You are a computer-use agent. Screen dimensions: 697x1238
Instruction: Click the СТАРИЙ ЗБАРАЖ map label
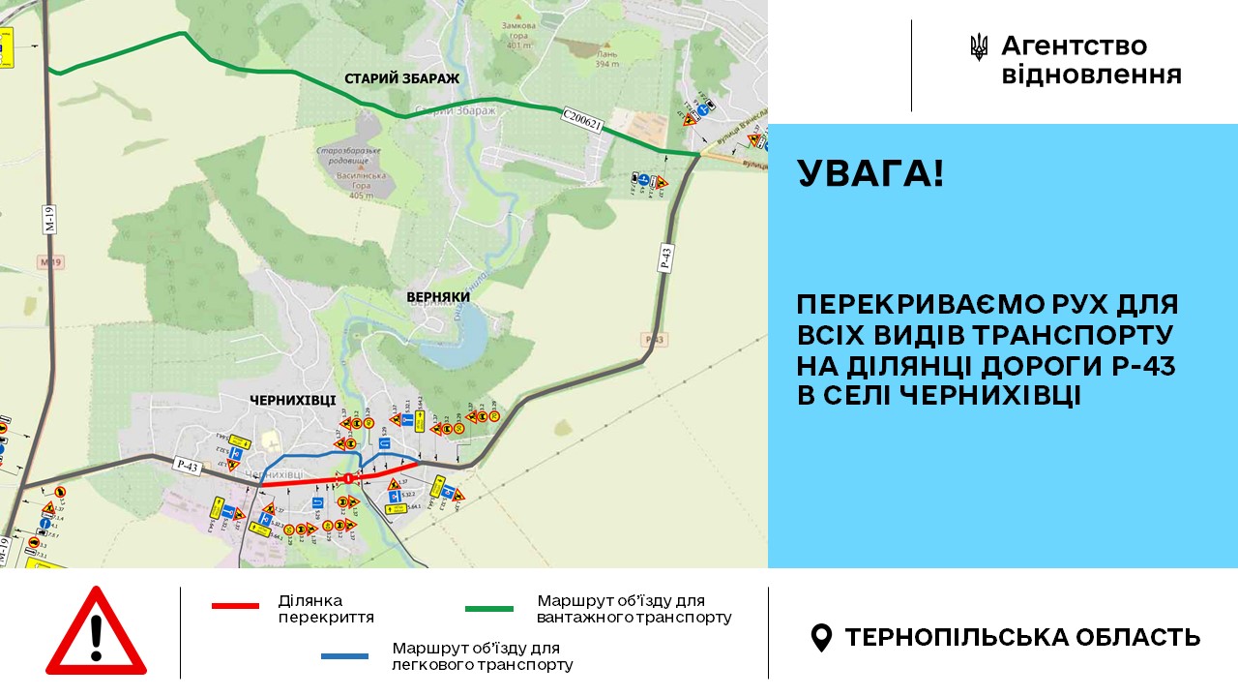click(401, 77)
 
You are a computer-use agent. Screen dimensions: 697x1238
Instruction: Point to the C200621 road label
click(581, 121)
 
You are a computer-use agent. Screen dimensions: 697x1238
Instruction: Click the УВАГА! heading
click(870, 174)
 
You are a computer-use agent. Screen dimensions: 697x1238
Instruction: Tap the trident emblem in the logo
click(979, 47)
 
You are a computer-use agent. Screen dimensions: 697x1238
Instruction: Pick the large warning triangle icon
click(96, 631)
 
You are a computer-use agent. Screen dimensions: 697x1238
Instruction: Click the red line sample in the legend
click(235, 606)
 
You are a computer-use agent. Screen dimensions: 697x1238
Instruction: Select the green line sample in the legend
click(489, 609)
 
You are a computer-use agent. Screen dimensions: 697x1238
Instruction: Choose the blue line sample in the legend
click(344, 656)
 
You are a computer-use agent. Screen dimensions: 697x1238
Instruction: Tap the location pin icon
click(821, 637)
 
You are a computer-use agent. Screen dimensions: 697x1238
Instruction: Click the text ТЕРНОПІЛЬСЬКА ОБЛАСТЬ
click(1022, 637)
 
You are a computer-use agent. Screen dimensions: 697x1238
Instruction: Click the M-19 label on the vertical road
click(48, 219)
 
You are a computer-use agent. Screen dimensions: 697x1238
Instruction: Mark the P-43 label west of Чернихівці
click(188, 467)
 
